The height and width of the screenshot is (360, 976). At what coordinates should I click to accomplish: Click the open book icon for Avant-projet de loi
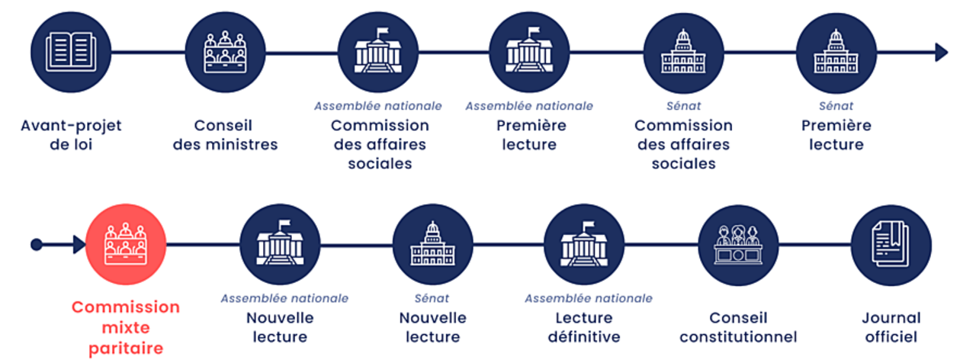pos(72,52)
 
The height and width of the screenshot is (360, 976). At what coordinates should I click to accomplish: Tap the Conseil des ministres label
pos(225,135)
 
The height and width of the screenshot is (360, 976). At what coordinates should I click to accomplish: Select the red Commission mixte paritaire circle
pos(126,245)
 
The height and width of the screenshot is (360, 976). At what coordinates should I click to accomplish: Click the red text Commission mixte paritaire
pos(126,328)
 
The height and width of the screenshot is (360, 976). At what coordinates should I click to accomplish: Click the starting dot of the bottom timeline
pos(36,245)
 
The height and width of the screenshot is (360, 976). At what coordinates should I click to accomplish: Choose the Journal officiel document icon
pos(891,245)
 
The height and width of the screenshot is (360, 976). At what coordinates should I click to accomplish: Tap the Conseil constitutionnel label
pos(738,327)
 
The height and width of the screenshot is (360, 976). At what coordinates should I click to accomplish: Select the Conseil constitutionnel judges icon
pos(738,245)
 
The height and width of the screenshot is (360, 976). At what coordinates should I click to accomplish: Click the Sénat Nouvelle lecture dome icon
pos(432,245)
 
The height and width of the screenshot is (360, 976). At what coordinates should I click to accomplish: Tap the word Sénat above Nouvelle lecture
pos(432,298)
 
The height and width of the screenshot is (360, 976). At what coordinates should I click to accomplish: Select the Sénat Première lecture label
pos(836,135)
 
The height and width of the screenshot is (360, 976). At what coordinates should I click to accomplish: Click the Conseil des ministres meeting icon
pos(225,52)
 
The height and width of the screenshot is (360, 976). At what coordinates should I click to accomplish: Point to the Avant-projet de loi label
pos(71,135)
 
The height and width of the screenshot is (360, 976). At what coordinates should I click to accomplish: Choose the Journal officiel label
pos(891,327)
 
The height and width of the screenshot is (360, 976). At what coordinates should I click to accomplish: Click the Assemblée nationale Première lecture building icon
pos(529,52)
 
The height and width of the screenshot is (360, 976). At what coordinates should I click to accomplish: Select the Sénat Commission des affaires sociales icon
pos(683,52)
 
